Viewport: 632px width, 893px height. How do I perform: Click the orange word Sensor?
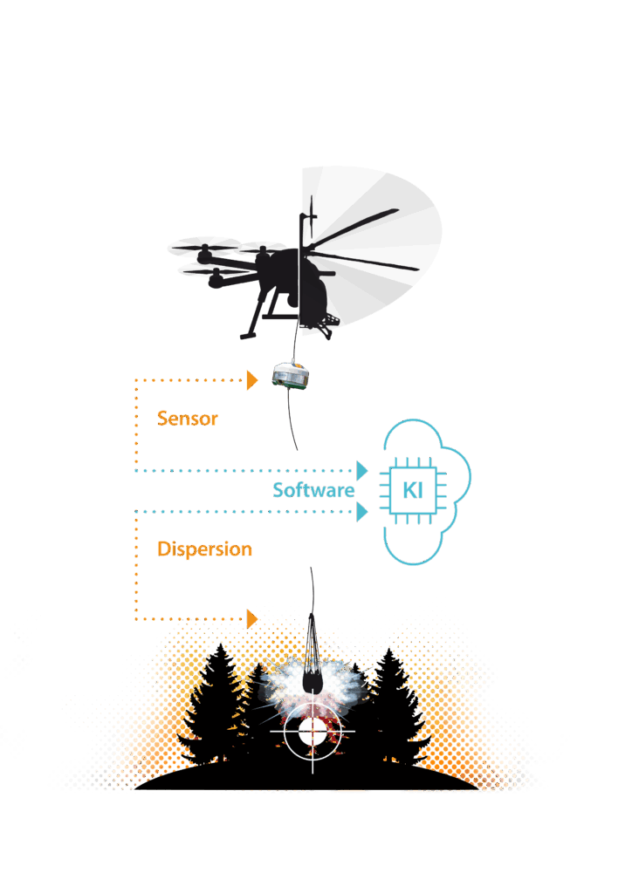tap(187, 419)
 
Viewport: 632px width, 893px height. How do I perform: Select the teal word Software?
tap(313, 490)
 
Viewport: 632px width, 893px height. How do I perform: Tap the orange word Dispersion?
tap(204, 549)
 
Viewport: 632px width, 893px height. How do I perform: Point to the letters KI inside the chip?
tap(412, 490)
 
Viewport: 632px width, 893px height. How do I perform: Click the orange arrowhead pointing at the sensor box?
tap(253, 380)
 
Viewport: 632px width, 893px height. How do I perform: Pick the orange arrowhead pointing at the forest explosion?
tap(253, 618)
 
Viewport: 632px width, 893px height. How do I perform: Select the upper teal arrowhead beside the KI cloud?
tap(361, 470)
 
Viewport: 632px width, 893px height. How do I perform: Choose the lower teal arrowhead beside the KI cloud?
tap(361, 512)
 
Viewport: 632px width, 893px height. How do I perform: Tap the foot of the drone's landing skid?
tap(248, 334)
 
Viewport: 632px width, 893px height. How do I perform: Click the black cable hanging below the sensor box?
tap(290, 423)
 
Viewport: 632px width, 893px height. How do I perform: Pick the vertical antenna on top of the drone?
tap(310, 214)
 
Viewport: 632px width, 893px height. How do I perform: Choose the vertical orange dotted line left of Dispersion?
tap(136, 567)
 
